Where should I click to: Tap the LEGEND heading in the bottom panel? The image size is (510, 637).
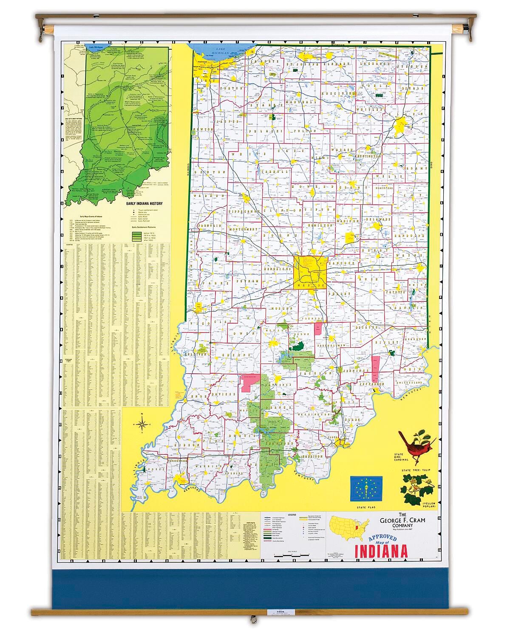(292, 515)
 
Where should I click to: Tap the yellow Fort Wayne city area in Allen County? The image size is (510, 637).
(400, 126)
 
